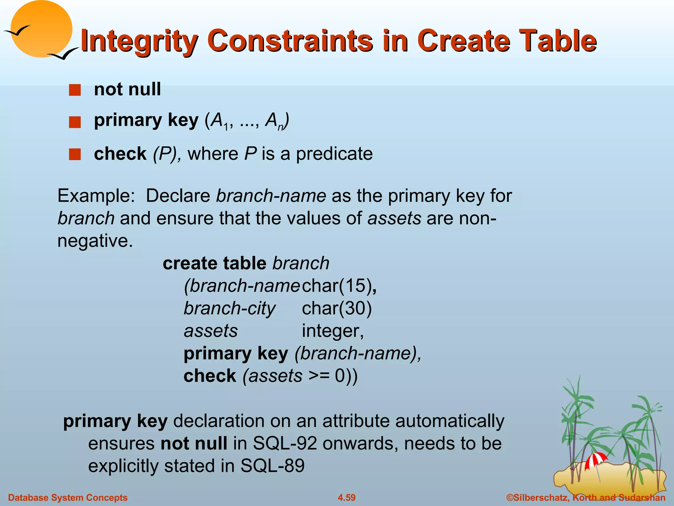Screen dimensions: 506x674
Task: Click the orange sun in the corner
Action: click(41, 28)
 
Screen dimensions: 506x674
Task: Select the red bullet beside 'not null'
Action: click(75, 90)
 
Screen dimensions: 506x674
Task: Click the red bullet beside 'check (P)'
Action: click(75, 154)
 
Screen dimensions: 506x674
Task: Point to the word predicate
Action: click(334, 154)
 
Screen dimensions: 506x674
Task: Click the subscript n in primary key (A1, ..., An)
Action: click(280, 127)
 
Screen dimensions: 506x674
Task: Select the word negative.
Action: click(95, 241)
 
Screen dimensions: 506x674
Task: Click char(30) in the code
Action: click(337, 308)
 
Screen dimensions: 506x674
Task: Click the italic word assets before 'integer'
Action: click(211, 331)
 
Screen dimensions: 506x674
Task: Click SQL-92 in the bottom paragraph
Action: click(285, 443)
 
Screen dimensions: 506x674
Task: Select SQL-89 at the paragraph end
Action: click(272, 466)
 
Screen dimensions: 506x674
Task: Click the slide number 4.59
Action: click(347, 497)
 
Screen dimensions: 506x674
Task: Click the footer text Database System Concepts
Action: click(68, 497)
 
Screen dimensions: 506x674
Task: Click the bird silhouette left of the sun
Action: click(16, 31)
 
